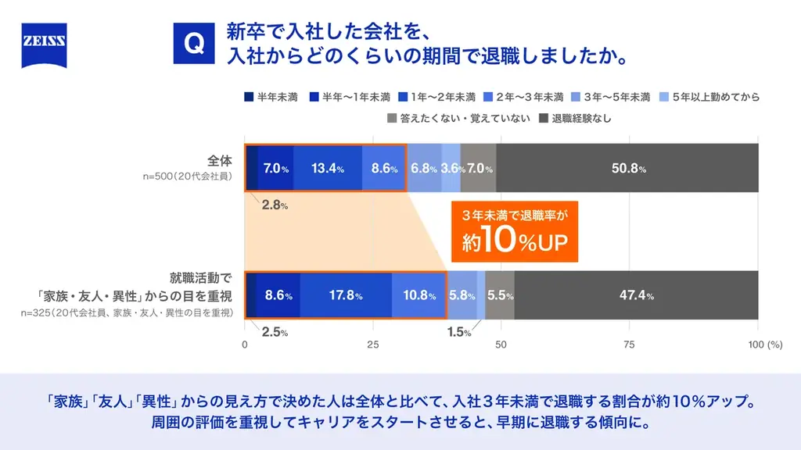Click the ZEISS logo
44,45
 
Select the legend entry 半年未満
271,98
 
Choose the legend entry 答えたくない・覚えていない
458,119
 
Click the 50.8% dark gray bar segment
627,168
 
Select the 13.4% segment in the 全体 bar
328,168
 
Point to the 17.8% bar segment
346,295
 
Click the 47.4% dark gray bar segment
636,295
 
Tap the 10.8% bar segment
418,295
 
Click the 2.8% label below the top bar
275,205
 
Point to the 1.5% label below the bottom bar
459,332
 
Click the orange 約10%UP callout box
514,231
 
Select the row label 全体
220,160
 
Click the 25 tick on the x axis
373,345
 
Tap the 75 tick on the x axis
629,345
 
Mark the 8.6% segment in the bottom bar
278,295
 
